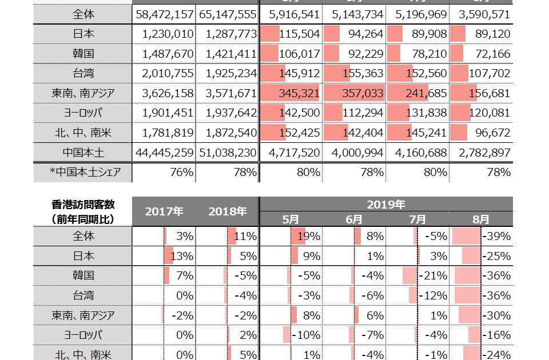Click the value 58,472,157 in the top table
coord(164,14)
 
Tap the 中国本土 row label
coord(83,153)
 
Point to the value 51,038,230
coord(228,153)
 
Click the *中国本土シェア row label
coord(85,172)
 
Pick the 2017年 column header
coord(164,211)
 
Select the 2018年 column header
coord(228,211)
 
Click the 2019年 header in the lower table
coord(386,204)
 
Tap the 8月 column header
coord(481,219)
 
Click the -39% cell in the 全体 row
coord(496,236)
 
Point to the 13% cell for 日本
coord(182,256)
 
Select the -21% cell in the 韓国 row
coord(433,276)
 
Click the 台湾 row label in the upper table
coord(83,73)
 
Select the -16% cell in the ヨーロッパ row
coord(496,335)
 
